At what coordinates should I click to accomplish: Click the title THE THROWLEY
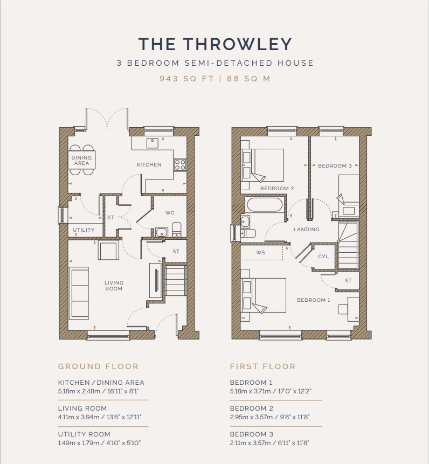(215, 44)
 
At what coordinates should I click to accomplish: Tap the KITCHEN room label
(149, 165)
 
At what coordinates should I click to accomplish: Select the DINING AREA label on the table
(81, 161)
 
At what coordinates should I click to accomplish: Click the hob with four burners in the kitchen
(180, 164)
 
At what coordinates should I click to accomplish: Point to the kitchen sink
(153, 143)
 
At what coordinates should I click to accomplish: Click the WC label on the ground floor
(170, 213)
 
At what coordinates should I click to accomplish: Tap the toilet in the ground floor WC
(176, 230)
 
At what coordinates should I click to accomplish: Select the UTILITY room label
(84, 230)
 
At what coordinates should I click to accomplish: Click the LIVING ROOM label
(114, 286)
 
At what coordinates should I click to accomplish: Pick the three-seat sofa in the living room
(79, 293)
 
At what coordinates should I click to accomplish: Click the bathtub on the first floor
(265, 204)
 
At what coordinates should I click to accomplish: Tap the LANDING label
(307, 230)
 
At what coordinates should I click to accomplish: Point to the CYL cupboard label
(323, 257)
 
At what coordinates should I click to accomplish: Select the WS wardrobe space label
(261, 253)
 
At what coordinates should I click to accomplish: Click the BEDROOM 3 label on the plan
(335, 166)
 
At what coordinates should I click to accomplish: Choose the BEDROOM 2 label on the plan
(277, 189)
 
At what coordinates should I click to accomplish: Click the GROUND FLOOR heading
(98, 366)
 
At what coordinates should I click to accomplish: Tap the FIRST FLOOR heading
(262, 366)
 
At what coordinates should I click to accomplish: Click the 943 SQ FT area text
(186, 79)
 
